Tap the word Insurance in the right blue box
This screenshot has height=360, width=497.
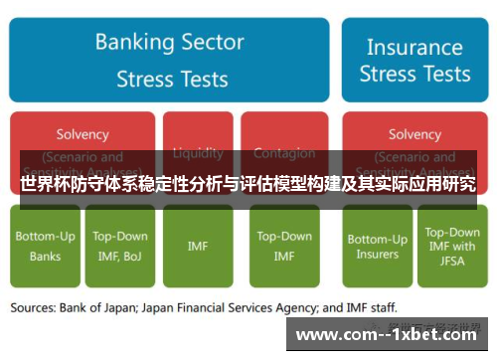(x=414, y=47)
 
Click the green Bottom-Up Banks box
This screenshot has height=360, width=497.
(x=45, y=247)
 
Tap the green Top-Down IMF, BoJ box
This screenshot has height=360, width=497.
(x=120, y=247)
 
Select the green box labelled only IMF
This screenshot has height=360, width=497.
(x=198, y=246)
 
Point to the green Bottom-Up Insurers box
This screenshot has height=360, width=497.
(x=377, y=247)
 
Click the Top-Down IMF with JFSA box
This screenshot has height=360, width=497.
(x=452, y=246)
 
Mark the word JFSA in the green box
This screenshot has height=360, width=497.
(x=452, y=262)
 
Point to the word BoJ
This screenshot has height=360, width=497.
(x=132, y=256)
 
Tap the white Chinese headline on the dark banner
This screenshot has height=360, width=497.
(x=248, y=184)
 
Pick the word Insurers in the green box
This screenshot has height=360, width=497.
(x=377, y=255)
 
